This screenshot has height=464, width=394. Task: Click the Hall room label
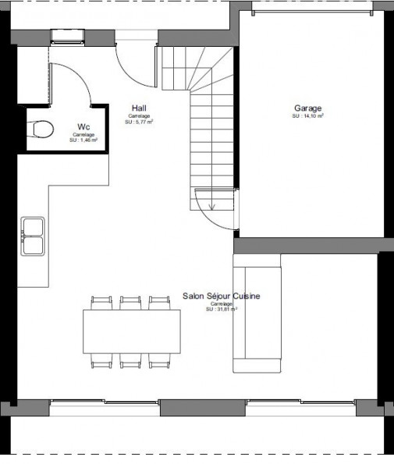click(x=139, y=108)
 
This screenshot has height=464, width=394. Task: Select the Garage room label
click(x=308, y=108)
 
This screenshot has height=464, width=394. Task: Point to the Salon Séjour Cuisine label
click(x=222, y=296)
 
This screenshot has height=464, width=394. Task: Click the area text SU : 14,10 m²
click(x=308, y=116)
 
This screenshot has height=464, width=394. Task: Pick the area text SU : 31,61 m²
click(x=222, y=310)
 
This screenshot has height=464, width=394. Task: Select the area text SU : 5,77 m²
click(x=139, y=122)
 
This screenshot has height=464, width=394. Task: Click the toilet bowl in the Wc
click(x=41, y=129)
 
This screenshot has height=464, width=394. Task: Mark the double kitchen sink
click(x=33, y=236)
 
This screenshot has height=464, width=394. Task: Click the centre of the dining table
click(x=132, y=331)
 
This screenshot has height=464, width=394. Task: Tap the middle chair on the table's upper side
click(x=131, y=303)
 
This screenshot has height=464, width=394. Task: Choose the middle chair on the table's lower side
click(x=131, y=360)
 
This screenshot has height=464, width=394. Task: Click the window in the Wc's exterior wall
click(x=62, y=36)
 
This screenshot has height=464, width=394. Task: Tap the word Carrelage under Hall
click(x=139, y=116)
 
